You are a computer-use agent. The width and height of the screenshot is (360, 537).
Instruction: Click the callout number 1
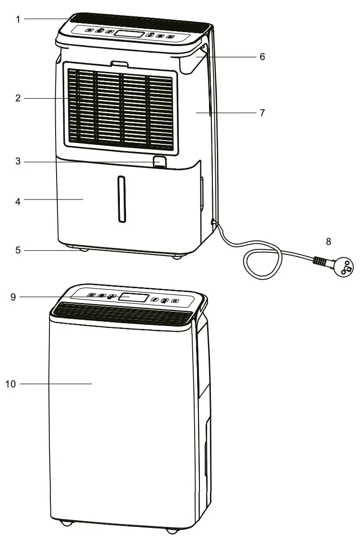click(18, 19)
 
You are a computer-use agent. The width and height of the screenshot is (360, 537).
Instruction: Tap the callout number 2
click(18, 99)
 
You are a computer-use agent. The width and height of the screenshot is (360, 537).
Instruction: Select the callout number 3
click(18, 162)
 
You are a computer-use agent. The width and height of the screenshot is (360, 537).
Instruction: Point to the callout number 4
click(18, 201)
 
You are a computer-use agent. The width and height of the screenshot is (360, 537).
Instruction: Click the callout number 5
click(18, 250)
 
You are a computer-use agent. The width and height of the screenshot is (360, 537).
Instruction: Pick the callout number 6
click(262, 57)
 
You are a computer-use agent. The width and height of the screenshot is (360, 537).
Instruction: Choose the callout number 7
click(262, 113)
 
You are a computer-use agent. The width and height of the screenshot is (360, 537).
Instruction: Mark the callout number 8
click(328, 241)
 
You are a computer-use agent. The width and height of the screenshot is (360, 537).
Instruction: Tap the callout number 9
click(13, 297)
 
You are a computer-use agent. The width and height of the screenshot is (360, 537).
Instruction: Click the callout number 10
click(11, 384)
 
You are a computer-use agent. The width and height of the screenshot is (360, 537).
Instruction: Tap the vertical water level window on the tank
click(122, 199)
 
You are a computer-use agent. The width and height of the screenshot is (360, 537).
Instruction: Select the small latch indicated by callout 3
click(160, 162)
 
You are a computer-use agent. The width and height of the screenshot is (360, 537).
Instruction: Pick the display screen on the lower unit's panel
click(133, 298)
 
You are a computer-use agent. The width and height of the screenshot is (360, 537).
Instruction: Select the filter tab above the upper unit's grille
click(119, 63)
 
